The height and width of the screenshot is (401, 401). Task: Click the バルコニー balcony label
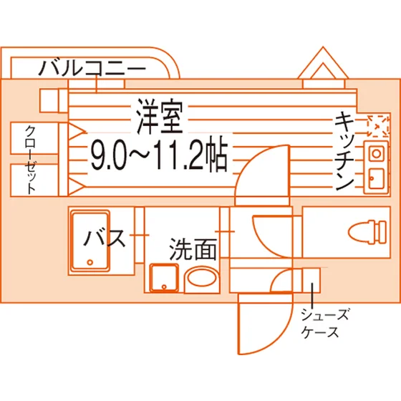click(92, 68)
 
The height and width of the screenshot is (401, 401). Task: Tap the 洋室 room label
click(160, 116)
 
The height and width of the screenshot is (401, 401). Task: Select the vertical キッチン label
click(344, 152)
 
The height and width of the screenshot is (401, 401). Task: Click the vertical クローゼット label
click(30, 159)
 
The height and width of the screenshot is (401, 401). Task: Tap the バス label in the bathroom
click(105, 238)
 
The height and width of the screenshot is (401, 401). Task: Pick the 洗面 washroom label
click(193, 249)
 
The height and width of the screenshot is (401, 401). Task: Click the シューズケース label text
click(324, 323)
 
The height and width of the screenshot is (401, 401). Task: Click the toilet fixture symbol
click(367, 232)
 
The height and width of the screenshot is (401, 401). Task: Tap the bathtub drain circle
click(90, 262)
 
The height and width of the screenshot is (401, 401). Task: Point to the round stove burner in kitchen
click(376, 154)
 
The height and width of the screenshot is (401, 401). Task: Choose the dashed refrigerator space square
click(379, 126)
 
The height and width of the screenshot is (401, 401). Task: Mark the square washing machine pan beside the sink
click(164, 278)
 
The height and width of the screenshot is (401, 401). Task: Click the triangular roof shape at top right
click(323, 63)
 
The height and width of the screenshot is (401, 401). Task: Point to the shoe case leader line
click(312, 296)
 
